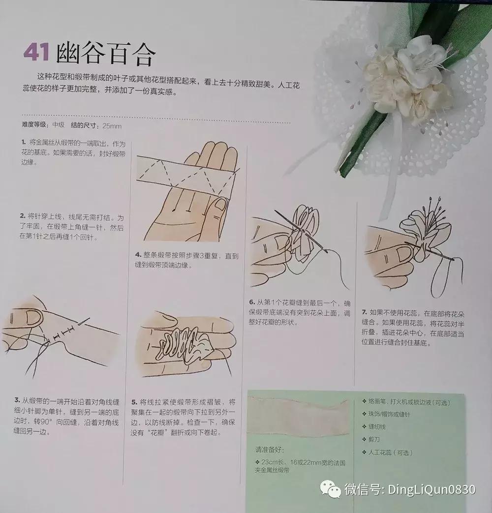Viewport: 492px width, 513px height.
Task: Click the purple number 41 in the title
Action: pos(36,53)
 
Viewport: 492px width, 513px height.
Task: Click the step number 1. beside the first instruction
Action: pos(23,143)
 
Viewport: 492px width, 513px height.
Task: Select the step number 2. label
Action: pos(23,216)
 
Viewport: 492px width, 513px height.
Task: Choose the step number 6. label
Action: pos(252,302)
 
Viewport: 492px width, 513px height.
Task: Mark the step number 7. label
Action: pos(365,312)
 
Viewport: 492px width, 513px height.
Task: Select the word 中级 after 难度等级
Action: pos(59,125)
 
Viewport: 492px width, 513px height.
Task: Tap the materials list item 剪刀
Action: pos(375,440)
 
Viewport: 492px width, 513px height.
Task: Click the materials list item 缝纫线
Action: pos(379,427)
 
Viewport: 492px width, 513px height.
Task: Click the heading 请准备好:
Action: pos(269,450)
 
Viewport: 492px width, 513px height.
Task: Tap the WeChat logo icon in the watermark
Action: pos(330,489)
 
